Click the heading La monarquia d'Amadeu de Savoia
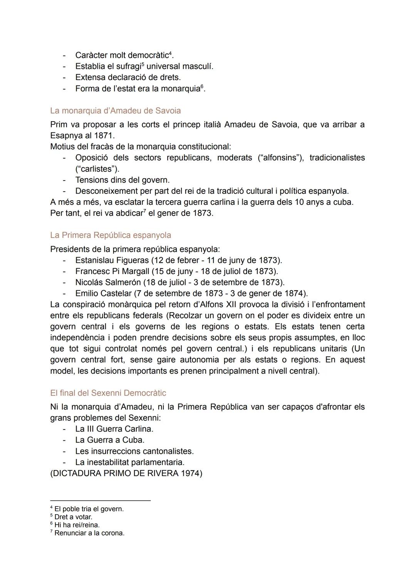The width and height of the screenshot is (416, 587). pos(115,111)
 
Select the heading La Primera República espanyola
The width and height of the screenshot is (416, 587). pos(111,235)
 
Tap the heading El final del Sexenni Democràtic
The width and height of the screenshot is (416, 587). pos(108,393)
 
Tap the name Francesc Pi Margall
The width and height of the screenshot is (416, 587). pos(112,271)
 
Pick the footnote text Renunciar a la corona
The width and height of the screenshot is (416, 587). pos(89,533)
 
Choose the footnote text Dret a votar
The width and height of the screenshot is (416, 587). pos(73,517)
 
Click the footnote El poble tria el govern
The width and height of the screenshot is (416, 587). pos(89,509)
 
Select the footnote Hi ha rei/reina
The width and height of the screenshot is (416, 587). pos(77,525)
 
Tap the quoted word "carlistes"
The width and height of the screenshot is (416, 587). pos(97,169)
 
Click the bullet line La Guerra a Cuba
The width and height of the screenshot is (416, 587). pos(110,440)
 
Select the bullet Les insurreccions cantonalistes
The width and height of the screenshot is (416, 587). pos(134,451)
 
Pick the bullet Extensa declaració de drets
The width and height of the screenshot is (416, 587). pos(128,77)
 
